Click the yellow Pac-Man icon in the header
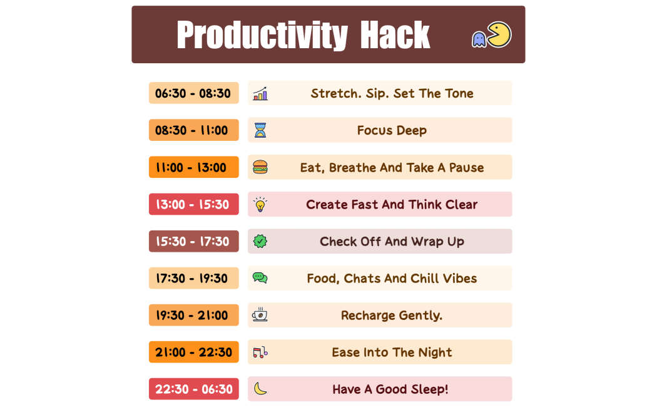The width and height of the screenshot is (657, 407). click(x=499, y=34)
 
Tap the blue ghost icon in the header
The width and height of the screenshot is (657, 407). click(x=479, y=39)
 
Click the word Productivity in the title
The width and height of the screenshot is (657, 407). click(x=262, y=35)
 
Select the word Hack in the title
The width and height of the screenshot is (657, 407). click(x=395, y=35)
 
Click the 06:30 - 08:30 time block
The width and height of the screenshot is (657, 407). click(x=193, y=93)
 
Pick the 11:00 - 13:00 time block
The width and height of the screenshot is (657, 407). click(x=193, y=167)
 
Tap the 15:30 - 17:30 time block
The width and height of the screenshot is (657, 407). click(x=193, y=241)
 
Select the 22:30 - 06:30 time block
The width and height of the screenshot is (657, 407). click(x=193, y=389)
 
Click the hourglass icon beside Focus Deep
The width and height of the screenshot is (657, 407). click(x=260, y=130)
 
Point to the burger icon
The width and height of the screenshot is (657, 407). click(x=260, y=167)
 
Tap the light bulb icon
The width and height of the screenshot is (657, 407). click(x=260, y=204)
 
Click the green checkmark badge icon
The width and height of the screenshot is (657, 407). click(x=260, y=241)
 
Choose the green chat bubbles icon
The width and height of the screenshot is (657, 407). click(x=260, y=278)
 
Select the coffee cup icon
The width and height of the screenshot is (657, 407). click(x=260, y=315)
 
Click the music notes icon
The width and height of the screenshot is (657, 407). click(x=260, y=352)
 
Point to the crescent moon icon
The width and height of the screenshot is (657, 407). click(x=260, y=389)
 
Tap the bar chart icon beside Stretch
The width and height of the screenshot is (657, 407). click(x=260, y=94)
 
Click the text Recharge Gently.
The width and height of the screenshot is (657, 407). click(x=392, y=315)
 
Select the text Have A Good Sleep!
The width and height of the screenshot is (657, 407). click(x=390, y=389)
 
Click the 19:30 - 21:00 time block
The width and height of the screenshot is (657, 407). click(x=193, y=315)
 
